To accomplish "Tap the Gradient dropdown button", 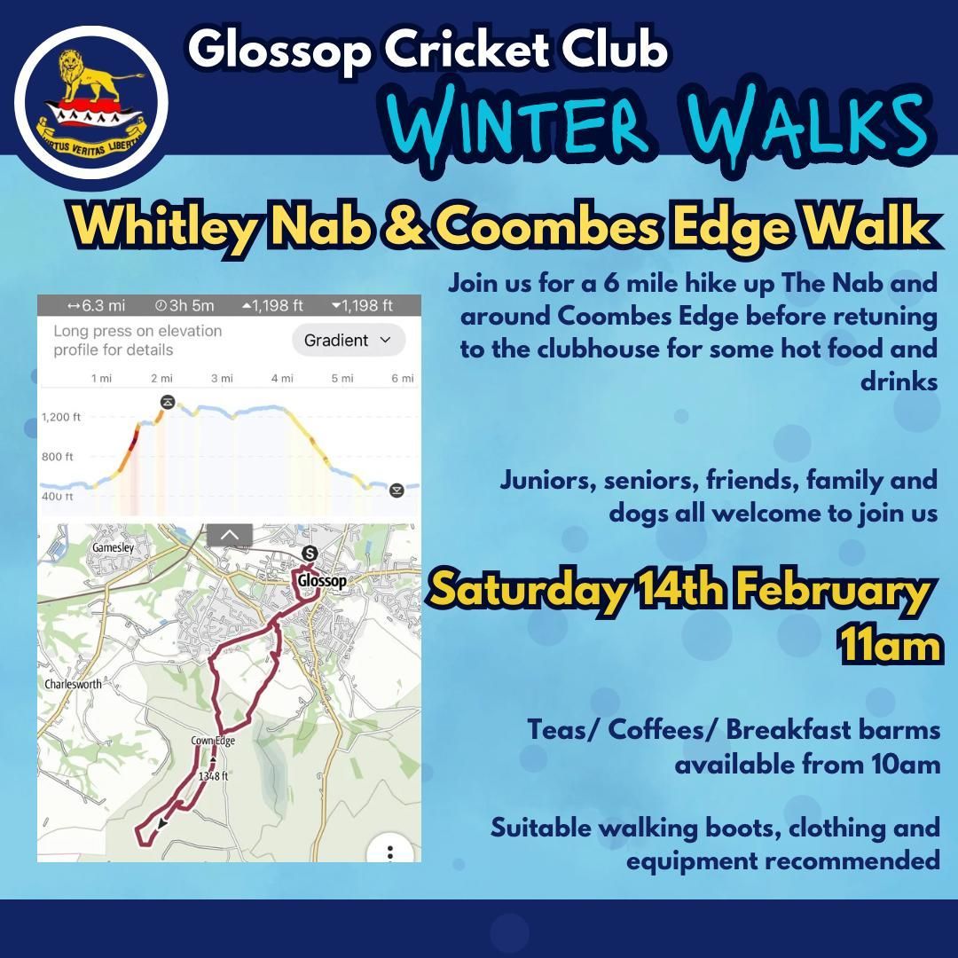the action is [349, 341].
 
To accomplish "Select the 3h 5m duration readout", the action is [185, 305].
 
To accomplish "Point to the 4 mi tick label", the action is [282, 379].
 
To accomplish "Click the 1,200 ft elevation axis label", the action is [61, 417].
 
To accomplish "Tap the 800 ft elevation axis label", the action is [58, 457].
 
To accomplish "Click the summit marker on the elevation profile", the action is [168, 402].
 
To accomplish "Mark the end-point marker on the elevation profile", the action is [397, 490].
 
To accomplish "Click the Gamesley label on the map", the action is [113, 547].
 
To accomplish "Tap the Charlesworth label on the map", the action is [74, 684].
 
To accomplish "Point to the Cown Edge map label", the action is [213, 741].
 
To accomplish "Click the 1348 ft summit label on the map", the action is [213, 776].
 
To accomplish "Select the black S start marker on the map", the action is [310, 554].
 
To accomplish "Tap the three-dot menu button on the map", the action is [390, 852].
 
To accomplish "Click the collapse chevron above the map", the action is [229, 535].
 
